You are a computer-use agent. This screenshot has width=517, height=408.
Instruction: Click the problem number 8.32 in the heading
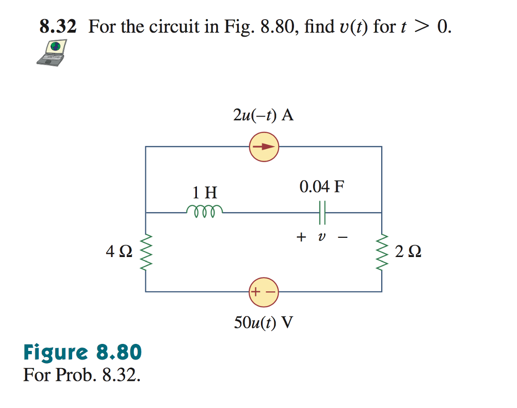58,27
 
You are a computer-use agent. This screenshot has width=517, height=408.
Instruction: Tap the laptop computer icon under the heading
53,53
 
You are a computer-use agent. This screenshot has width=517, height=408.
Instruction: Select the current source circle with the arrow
264,147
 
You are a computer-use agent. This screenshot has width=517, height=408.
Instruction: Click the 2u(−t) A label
264,115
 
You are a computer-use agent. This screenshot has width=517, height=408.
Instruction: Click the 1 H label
204,192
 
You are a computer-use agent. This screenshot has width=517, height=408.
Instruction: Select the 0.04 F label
322,187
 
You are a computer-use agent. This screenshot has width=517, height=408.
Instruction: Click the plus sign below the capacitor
301,237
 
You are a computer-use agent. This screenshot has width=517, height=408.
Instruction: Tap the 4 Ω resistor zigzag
146,251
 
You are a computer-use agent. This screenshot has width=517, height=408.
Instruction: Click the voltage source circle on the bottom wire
264,292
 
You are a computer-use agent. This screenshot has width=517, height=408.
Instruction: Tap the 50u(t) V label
264,322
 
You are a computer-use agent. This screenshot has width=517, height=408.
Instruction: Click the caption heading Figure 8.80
82,352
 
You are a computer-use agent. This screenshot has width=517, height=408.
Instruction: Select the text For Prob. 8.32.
81,376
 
